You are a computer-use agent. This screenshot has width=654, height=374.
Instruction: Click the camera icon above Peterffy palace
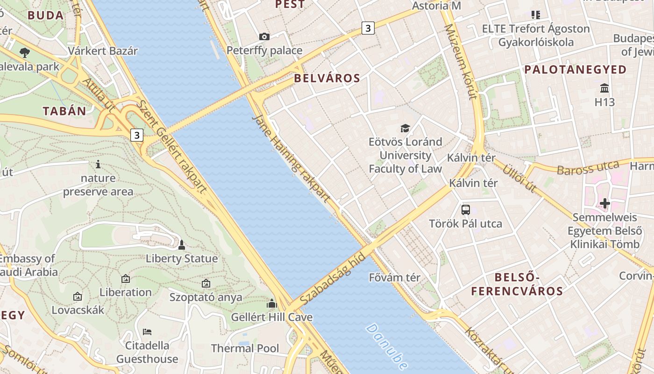(264, 36)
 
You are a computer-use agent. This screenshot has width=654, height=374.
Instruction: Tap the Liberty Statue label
(182, 259)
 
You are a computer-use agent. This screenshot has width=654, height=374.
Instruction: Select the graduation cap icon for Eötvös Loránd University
(405, 128)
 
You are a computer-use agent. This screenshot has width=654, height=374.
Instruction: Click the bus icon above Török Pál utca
(466, 209)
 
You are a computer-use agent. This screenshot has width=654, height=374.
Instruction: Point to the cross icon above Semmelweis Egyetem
(605, 203)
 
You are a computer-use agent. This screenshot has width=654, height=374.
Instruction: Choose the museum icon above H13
(604, 88)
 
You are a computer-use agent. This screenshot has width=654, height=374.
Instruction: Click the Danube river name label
(386, 346)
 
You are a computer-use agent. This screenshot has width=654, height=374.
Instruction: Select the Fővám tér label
(395, 277)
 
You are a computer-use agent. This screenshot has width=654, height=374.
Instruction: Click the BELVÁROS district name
(327, 78)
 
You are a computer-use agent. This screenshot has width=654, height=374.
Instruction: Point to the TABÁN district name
(65, 111)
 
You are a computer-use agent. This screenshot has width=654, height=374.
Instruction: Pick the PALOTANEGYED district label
(576, 70)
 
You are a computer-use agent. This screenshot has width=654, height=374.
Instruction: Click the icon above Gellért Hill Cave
(272, 303)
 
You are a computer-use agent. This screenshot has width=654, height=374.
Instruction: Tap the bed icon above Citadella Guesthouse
(147, 332)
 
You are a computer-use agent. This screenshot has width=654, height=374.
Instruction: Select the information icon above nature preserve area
(98, 164)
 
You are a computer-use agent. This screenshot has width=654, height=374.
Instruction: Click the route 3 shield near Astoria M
(368, 28)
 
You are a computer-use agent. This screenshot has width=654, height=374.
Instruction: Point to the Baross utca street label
(588, 168)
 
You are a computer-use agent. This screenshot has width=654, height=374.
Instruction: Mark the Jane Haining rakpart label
(291, 158)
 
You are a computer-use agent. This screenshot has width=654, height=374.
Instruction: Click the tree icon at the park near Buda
(25, 52)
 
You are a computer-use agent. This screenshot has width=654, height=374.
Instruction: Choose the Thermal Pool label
(245, 348)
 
